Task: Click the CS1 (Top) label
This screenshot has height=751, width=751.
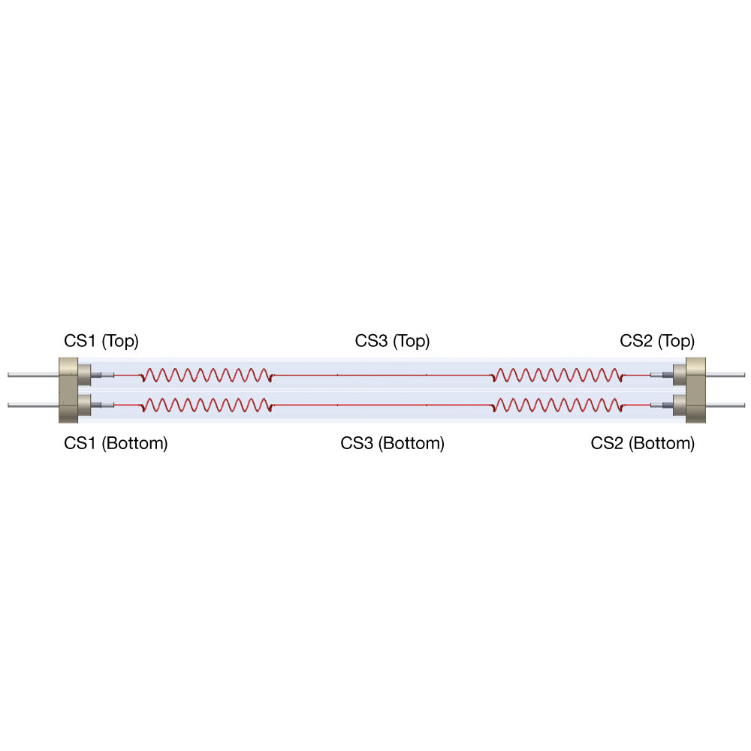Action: [101, 341]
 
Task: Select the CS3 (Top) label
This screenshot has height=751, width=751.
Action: [392, 341]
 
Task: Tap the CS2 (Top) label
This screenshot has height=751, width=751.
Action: [657, 341]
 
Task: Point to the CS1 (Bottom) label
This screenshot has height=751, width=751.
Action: [116, 443]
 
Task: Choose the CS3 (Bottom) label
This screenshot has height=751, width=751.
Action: [392, 443]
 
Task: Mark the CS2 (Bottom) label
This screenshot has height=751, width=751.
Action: [643, 443]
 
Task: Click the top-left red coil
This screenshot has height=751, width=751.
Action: [207, 375]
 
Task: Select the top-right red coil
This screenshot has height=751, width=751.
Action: [557, 375]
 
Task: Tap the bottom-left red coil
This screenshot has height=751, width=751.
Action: [207, 406]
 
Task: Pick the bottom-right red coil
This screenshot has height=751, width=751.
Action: [557, 406]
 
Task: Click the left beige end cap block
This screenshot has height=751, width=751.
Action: [68, 390]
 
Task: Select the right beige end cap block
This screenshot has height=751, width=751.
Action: [695, 390]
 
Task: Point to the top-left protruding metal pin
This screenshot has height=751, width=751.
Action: [33, 375]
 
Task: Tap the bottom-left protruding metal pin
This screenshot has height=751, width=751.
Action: [33, 406]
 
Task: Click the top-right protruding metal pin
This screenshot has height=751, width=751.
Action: [725, 375]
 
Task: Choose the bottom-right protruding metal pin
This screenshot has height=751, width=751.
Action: [725, 406]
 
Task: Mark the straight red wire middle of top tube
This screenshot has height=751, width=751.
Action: [382, 375]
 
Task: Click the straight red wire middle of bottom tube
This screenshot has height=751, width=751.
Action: [382, 406]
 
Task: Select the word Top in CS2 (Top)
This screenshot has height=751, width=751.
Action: [677, 341]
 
